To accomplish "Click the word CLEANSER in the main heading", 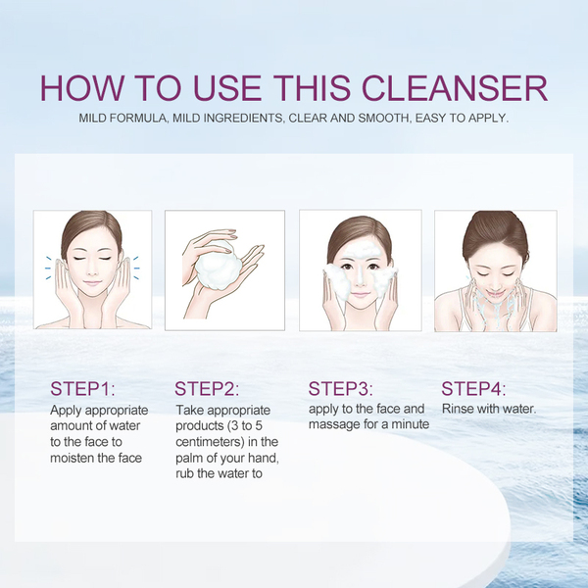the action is pos(455,88).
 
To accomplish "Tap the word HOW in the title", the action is pos(81,88).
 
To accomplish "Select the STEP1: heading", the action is pos(82,388).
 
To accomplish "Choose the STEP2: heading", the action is pos(207,388).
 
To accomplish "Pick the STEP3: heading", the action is pos(340,388).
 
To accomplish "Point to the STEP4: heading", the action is pos(473,388).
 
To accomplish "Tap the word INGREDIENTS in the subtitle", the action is pos(227,119).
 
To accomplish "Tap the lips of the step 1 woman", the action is pos(93,283).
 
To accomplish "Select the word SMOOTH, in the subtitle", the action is pos(385,119).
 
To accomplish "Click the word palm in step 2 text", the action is pos(188,459).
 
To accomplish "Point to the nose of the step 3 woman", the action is pos(360,279).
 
